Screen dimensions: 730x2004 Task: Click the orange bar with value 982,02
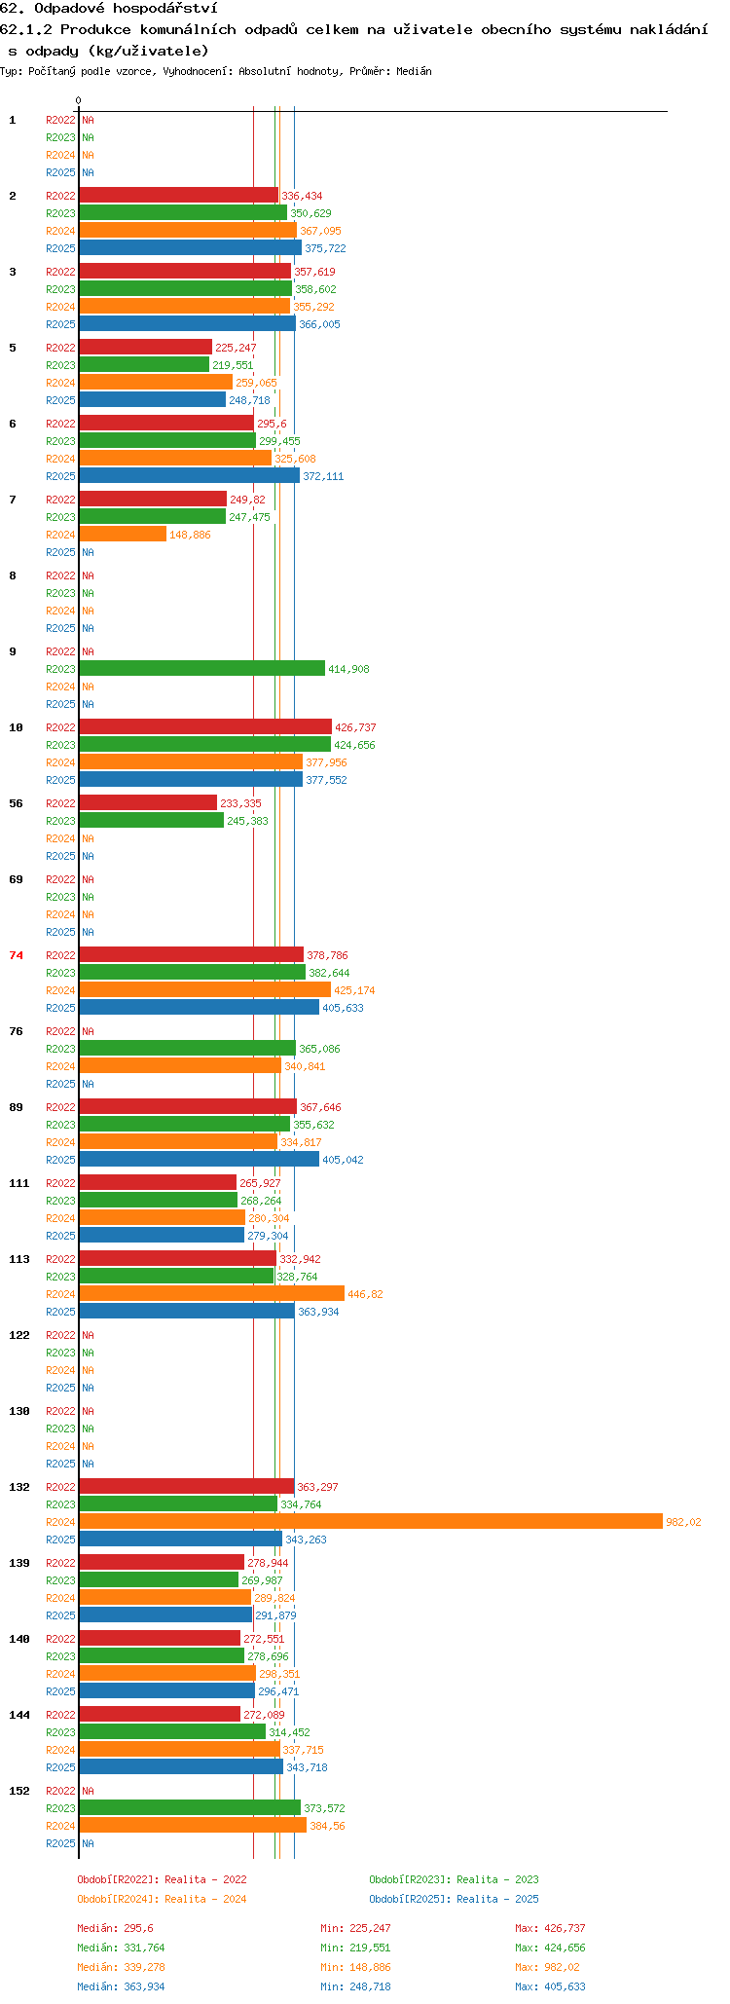371,1521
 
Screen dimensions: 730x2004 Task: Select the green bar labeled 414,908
202,668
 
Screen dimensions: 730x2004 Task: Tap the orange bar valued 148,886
123,534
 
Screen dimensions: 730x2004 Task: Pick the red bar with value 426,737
205,726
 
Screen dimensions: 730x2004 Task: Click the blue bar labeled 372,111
190,475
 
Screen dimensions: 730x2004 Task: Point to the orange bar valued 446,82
212,1293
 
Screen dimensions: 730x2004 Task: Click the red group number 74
16,955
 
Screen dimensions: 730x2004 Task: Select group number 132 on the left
19,1487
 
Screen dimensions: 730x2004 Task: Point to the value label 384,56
327,1826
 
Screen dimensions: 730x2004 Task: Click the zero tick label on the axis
79,100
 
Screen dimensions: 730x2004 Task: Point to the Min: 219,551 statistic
355,1948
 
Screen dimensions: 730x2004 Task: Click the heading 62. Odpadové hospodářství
109,9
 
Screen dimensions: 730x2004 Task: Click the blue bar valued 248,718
152,399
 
